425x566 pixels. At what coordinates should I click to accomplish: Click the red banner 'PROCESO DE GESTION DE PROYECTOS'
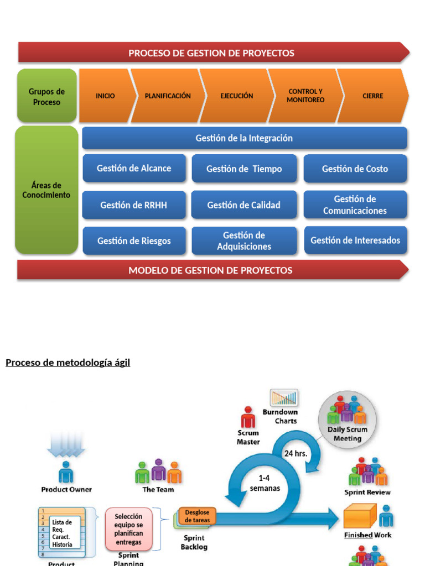point(211,53)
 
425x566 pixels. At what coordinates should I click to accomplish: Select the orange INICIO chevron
point(106,96)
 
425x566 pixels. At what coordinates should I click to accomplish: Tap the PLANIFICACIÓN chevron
point(167,96)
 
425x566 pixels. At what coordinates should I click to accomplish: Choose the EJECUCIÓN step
point(236,96)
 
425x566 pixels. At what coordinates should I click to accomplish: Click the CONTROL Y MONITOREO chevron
point(305,96)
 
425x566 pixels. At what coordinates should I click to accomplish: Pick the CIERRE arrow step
point(372,96)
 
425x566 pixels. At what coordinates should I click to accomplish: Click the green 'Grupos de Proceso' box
point(46,96)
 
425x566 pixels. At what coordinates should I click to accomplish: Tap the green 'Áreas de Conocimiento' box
point(46,190)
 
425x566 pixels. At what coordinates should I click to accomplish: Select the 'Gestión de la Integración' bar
point(244,138)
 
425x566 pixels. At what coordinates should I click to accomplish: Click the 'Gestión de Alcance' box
point(134,169)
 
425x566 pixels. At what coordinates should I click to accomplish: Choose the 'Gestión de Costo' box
point(355,169)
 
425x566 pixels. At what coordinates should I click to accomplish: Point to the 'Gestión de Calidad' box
point(243,205)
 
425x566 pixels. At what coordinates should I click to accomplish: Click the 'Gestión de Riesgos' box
point(134,241)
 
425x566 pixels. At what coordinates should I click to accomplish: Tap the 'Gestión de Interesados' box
point(355,240)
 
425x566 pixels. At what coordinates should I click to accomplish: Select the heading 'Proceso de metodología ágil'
point(68,363)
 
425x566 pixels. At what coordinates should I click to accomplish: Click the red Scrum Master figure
point(248,417)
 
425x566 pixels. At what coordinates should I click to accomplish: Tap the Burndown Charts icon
point(284,397)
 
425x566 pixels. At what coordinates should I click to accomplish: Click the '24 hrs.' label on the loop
point(296,453)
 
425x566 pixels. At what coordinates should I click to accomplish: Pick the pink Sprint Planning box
point(128,529)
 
